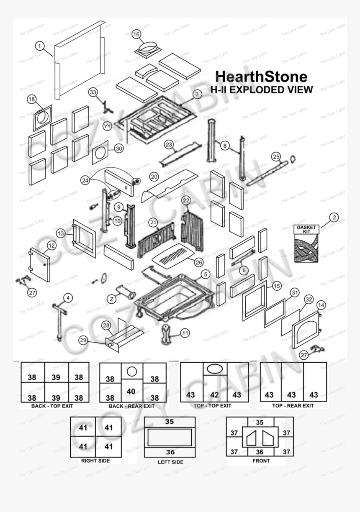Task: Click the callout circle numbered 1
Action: pos(39,46)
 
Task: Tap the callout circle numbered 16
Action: pos(136,34)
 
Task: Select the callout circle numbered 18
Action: pos(32,99)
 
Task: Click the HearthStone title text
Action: pos(261,77)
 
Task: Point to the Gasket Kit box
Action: pos(306,244)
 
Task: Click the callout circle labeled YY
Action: pos(108,126)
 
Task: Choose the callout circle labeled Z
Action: pos(111,299)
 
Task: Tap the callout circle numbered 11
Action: pos(185,333)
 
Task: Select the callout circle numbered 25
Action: pos(276,156)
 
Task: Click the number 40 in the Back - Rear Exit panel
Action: pos(131,392)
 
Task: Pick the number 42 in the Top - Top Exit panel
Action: pos(214,394)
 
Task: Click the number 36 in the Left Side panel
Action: pos(170,452)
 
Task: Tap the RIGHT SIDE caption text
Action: pos(95,461)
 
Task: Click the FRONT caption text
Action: pos(261,461)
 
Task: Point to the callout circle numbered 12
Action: pos(51,245)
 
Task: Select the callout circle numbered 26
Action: pos(198,262)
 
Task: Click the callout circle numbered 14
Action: pos(321,305)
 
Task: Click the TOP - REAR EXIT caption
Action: pos(293,406)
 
